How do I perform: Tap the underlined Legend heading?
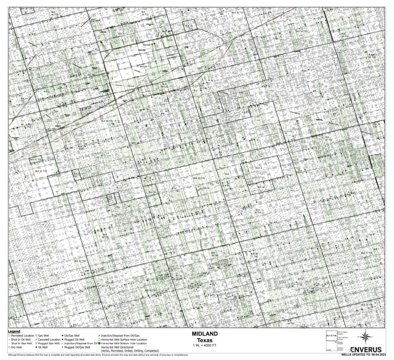[x=15, y=331]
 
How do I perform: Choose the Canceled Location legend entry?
[x=49, y=340]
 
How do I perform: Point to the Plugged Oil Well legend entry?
[x=75, y=340]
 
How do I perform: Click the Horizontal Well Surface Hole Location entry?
[x=122, y=340]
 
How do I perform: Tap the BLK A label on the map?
[x=258, y=168]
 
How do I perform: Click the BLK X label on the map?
[x=121, y=34]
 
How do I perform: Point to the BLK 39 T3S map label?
[x=199, y=178]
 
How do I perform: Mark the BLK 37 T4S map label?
[x=366, y=253]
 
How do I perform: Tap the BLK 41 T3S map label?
[x=35, y=159]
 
